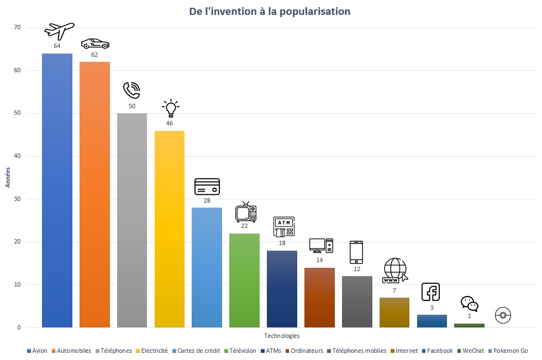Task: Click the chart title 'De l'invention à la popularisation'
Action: click(x=270, y=12)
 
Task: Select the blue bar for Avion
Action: click(x=57, y=190)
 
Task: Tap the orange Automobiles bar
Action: click(x=94, y=194)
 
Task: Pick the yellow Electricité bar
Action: click(x=170, y=229)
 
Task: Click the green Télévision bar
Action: click(x=244, y=280)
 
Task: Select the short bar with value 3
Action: click(x=432, y=321)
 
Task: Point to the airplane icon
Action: click(x=59, y=31)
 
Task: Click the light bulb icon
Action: click(x=170, y=108)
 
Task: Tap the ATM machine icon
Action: click(x=284, y=227)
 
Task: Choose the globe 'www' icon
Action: click(x=394, y=271)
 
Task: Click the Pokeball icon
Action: click(x=503, y=315)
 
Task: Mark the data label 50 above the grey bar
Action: click(x=132, y=106)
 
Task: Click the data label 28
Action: click(x=207, y=200)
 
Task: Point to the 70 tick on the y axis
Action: click(x=17, y=28)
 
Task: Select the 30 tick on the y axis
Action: click(x=17, y=199)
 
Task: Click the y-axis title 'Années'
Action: click(x=8, y=177)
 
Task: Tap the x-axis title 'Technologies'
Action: click(x=282, y=336)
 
